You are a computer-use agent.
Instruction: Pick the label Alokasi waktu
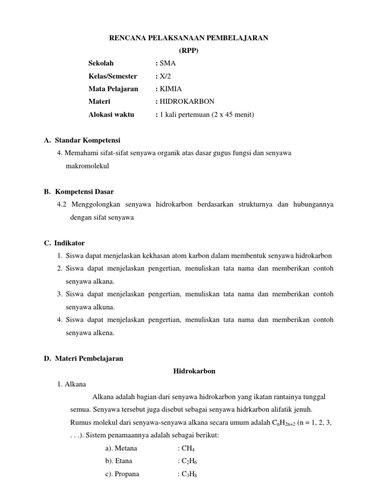(111, 114)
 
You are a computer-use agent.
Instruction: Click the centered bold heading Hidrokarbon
(194, 371)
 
